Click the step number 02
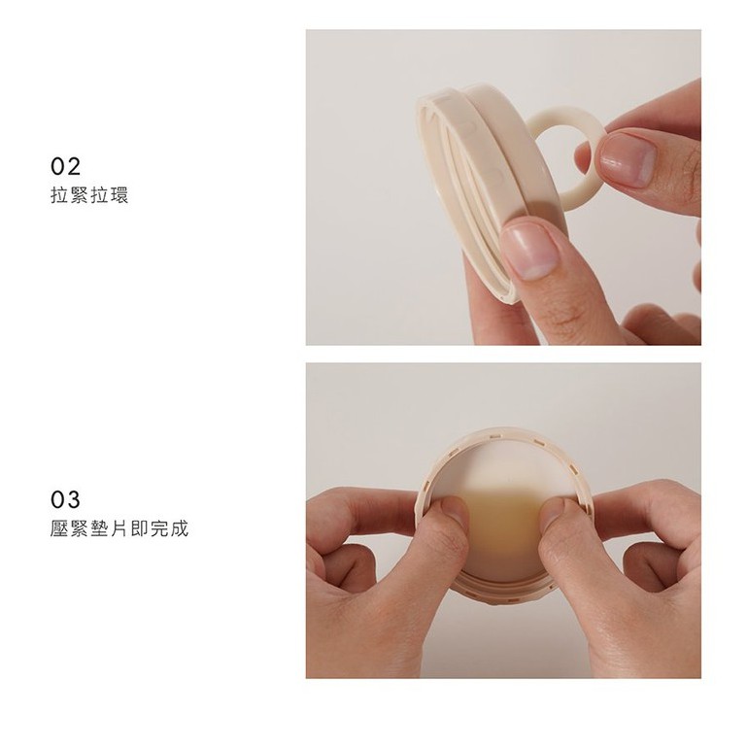tap(66, 166)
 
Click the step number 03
tap(66, 499)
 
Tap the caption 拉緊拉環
tap(89, 195)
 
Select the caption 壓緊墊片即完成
tap(119, 528)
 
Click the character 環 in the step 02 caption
tap(119, 195)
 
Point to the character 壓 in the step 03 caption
tap(58, 528)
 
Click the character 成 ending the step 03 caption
tap(180, 528)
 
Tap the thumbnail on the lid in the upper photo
tap(529, 251)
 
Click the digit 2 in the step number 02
tap(74, 166)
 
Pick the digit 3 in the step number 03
tap(74, 499)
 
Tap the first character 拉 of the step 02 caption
tap(58, 195)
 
